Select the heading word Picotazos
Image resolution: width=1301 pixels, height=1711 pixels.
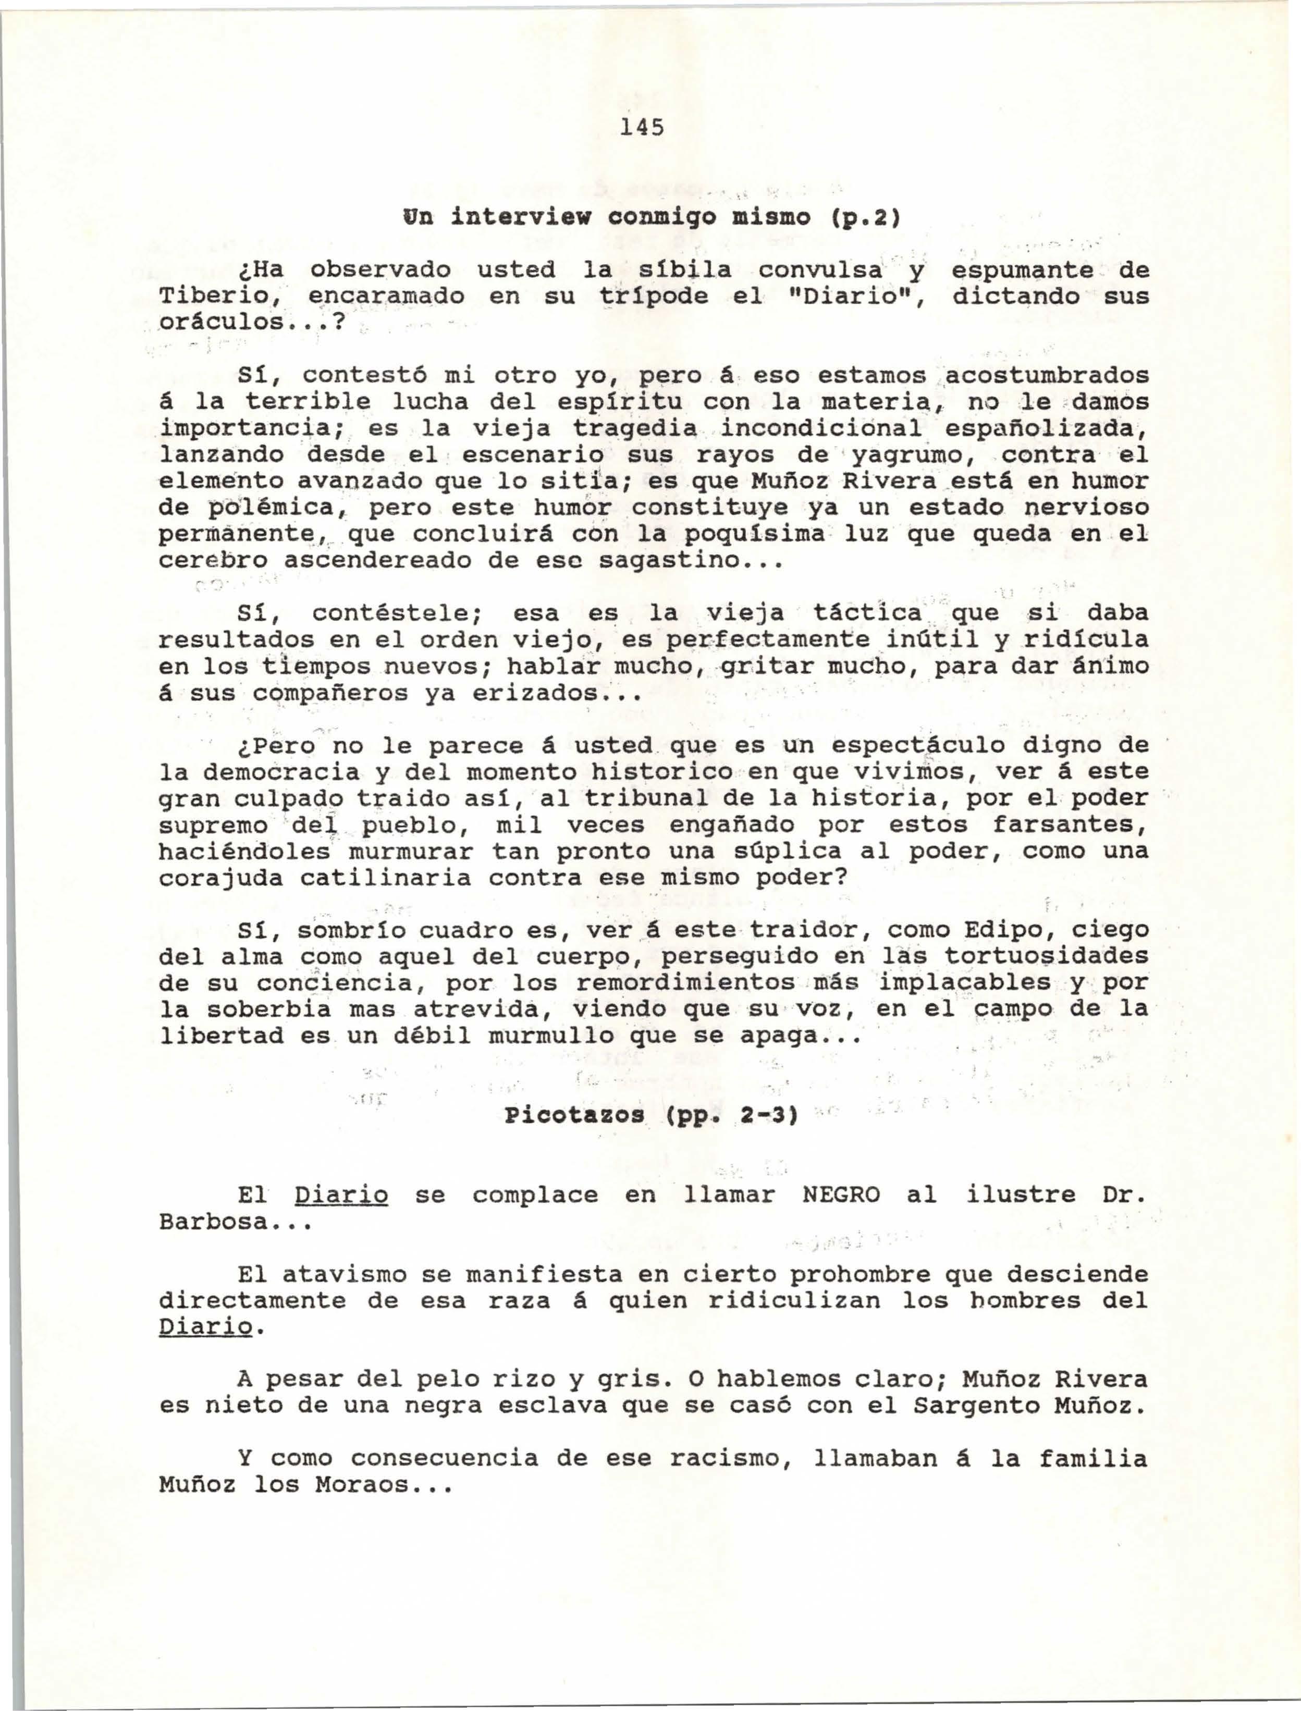point(574,1116)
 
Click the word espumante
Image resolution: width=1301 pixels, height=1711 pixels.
point(1022,270)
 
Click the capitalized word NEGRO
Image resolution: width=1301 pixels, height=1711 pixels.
point(841,1195)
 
